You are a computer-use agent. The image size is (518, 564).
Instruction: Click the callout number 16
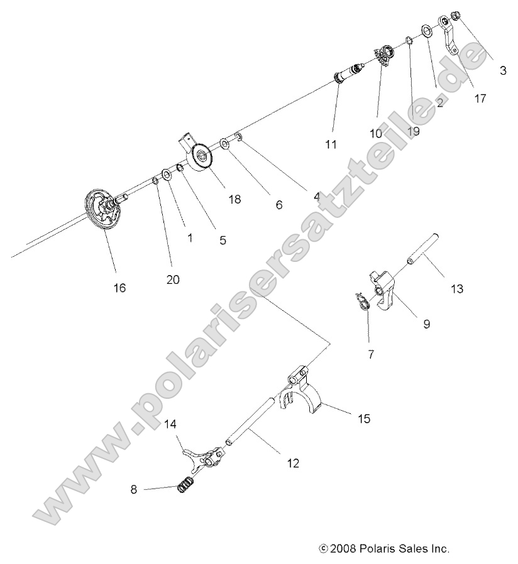point(119,288)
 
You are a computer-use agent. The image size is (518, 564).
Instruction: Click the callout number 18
point(234,199)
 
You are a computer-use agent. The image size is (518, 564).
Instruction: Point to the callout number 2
point(439,102)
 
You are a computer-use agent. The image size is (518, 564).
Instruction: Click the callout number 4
point(316,196)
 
